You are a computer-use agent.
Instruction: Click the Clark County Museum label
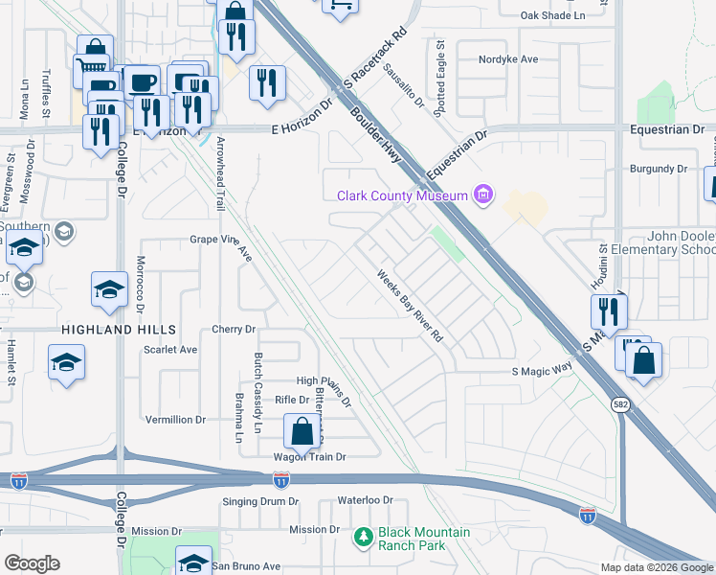tap(402, 196)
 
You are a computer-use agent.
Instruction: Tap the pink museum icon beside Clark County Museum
tap(484, 196)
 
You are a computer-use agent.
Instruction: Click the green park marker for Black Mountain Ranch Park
tap(363, 538)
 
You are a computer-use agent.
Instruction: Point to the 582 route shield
tap(620, 405)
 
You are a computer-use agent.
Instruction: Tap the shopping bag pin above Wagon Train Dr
tap(302, 431)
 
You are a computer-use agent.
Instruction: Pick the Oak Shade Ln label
tap(552, 15)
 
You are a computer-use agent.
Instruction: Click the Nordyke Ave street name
tap(509, 58)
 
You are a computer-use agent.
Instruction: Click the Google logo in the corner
tap(33, 563)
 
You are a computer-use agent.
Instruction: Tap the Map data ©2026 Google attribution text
tap(656, 567)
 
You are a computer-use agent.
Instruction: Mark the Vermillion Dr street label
tap(175, 420)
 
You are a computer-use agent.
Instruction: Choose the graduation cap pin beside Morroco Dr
tap(109, 289)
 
